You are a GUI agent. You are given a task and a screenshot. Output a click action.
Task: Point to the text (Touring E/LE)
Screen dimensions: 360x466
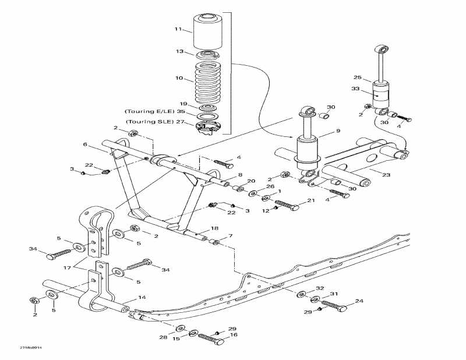click(148, 111)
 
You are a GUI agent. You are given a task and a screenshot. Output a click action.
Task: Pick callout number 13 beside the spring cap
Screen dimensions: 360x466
click(179, 51)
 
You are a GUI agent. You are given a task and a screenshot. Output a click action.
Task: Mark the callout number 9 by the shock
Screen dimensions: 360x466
click(338, 132)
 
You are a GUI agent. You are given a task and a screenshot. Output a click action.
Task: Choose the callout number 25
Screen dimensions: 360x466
click(358, 77)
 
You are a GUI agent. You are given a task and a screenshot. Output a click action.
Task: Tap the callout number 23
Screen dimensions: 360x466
click(386, 174)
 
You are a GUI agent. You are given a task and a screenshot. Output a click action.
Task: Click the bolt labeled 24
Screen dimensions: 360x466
click(333, 305)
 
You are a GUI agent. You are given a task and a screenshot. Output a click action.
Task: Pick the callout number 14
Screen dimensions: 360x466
click(141, 298)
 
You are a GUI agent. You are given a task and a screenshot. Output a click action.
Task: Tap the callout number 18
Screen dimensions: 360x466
click(214, 228)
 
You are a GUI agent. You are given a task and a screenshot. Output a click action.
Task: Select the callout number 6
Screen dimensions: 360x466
click(85, 144)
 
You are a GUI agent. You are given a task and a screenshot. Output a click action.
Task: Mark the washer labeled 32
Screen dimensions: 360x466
click(302, 294)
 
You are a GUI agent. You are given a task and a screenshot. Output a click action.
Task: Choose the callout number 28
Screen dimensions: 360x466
click(163, 337)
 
